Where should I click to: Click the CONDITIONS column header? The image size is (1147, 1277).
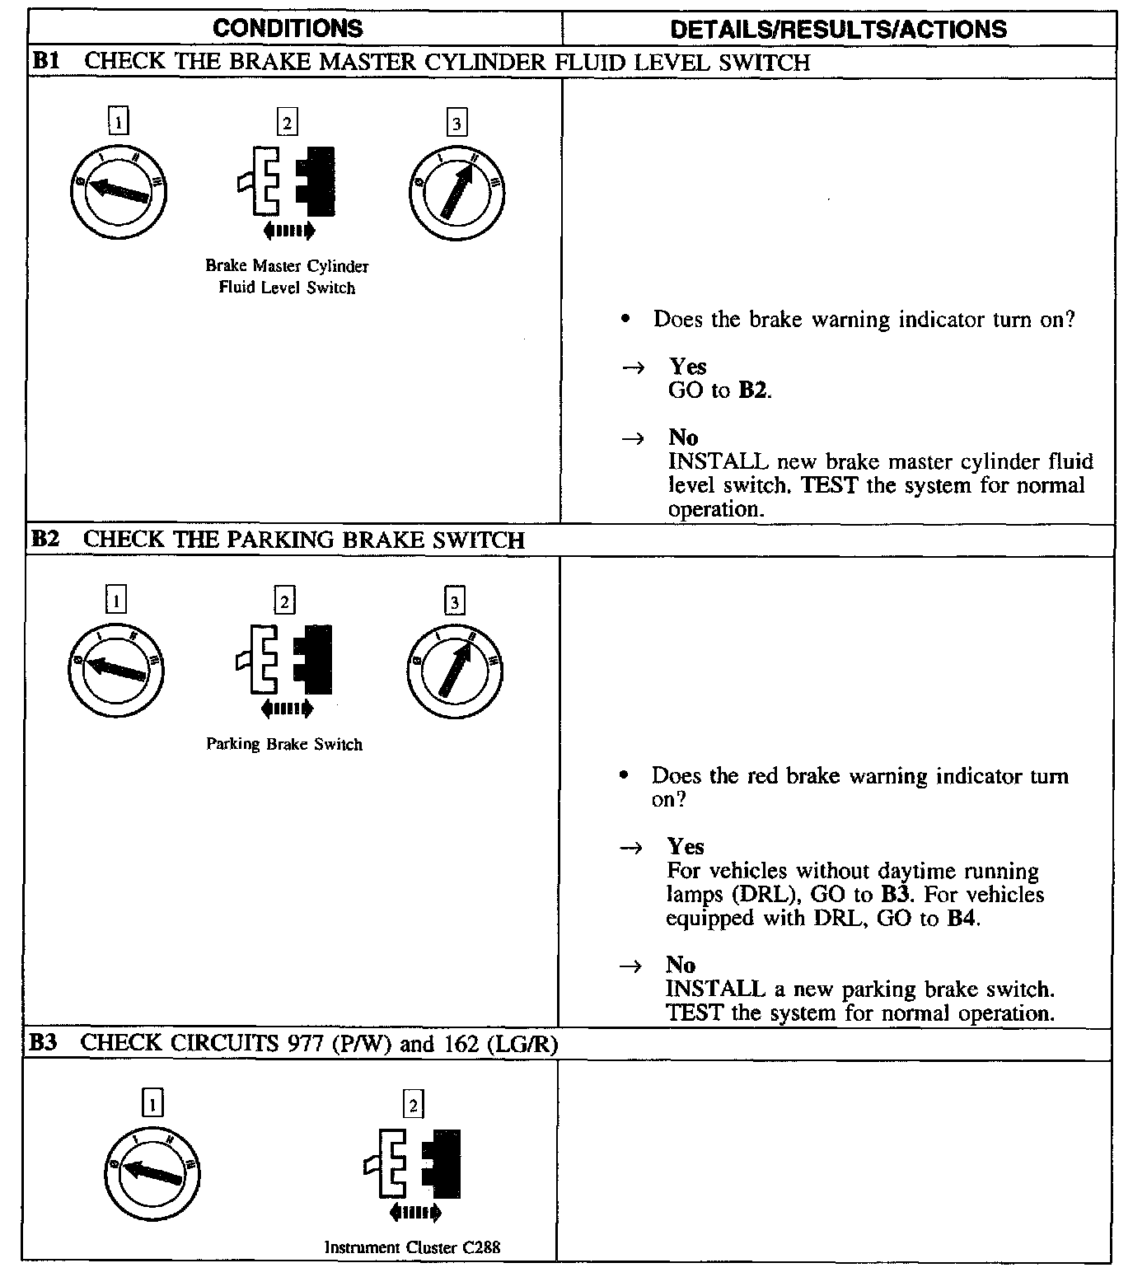coord(288,29)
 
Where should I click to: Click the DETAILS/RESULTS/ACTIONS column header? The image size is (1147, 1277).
coord(838,30)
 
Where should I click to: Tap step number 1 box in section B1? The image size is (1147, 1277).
coord(119,123)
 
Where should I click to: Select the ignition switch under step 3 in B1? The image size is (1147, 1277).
coord(456,194)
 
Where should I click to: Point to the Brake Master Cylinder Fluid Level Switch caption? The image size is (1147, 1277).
coord(287,277)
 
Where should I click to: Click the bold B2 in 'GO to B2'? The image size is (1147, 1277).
coord(753,391)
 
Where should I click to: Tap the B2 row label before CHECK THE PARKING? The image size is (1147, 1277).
coord(46,540)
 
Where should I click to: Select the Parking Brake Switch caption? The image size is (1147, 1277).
coord(284,745)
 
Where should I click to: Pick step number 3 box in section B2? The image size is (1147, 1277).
coord(454,602)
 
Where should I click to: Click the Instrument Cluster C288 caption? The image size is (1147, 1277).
coord(412,1247)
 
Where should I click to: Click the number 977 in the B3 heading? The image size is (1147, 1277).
coord(305,1044)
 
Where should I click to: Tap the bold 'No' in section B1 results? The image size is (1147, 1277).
coord(683,437)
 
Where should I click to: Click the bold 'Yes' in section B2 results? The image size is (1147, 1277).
coord(685,847)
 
